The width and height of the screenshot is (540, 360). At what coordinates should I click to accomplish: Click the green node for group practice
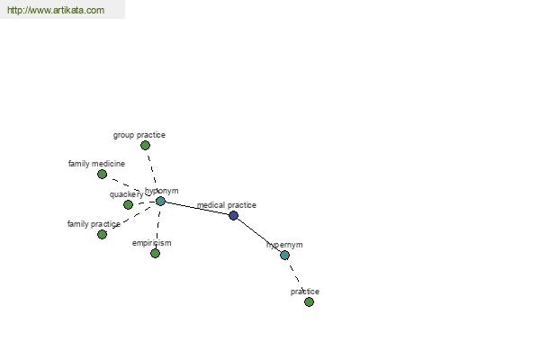tap(145, 146)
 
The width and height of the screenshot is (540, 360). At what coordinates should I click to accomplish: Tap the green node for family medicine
tap(102, 175)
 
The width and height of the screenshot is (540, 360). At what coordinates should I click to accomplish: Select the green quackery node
tap(128, 204)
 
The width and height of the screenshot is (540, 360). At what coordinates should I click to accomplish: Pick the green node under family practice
tap(102, 235)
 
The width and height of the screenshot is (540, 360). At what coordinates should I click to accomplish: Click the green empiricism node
tap(156, 254)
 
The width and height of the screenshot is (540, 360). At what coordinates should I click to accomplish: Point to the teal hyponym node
tap(160, 202)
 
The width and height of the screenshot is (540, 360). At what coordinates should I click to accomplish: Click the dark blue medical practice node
tap(233, 216)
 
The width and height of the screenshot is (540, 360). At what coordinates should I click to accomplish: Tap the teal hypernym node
tap(284, 256)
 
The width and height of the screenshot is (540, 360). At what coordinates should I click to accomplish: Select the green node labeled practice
tap(310, 302)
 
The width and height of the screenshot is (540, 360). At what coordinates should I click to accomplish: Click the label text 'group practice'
tap(139, 135)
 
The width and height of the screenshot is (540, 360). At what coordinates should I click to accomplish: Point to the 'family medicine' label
tap(96, 164)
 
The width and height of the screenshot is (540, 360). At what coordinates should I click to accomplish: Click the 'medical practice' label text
tap(227, 205)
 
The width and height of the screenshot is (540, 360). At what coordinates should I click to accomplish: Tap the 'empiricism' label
tap(151, 243)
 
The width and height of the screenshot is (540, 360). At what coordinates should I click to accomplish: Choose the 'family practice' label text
tap(94, 224)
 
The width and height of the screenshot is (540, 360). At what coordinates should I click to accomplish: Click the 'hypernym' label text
tap(284, 245)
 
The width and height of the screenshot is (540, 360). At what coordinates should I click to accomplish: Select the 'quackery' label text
tap(126, 194)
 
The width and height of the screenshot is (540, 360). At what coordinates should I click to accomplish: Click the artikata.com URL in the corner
tap(56, 10)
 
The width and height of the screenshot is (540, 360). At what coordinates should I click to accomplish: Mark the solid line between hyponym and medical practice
tap(197, 209)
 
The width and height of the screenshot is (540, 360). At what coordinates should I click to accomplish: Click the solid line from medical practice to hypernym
tap(259, 235)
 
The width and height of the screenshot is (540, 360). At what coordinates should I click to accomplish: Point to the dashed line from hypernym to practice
tap(297, 277)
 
